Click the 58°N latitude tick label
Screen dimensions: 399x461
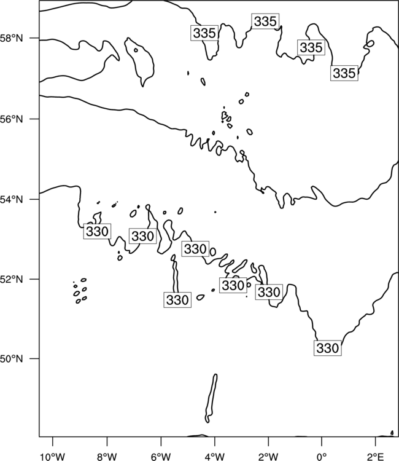coord(12,38)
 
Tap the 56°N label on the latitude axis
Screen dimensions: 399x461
coord(12,119)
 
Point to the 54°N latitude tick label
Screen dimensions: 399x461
coord(12,200)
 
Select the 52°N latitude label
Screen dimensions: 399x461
coord(12,279)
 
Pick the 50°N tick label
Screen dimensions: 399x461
coord(12,359)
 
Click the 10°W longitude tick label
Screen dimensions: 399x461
coord(53,457)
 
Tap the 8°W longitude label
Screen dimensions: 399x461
coord(107,457)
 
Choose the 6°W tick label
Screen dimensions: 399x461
coord(161,457)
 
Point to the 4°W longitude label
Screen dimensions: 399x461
coord(215,457)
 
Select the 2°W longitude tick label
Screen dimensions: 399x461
coord(268,457)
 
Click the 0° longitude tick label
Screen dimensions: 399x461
coord(322,457)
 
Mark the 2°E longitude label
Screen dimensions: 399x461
coord(375,457)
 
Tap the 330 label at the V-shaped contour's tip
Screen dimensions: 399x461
coord(328,348)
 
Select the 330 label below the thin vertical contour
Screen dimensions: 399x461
coord(177,300)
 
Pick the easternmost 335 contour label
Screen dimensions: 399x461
coord(344,73)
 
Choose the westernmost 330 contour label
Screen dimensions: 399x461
coord(97,231)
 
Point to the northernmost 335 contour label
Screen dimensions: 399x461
coord(265,21)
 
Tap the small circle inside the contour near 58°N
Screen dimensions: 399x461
coord(136,50)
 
